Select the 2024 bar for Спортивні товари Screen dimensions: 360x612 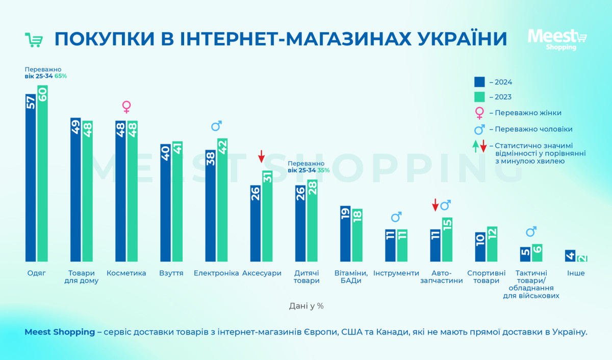pos(480,247)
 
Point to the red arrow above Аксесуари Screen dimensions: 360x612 pos(261,156)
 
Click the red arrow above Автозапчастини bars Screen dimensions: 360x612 pos(435,205)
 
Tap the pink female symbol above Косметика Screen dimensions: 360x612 pos(126,107)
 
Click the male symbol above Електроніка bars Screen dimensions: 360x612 pos(216,125)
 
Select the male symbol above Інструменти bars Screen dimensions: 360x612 pos(396,217)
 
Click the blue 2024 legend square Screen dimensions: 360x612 pos(479,82)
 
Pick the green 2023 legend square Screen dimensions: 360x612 pos(479,97)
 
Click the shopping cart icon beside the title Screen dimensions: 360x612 pos(34,40)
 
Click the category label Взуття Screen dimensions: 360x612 pos(171,273)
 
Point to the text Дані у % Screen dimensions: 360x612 pos(306,306)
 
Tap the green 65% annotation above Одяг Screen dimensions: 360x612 pos(61,76)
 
